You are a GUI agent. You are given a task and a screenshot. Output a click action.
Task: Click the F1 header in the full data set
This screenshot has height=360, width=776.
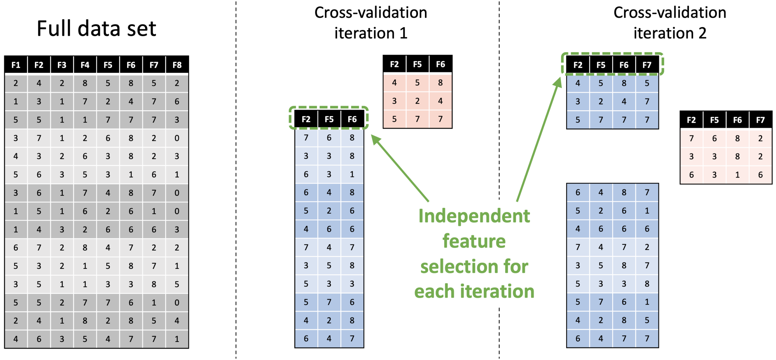pos(16,65)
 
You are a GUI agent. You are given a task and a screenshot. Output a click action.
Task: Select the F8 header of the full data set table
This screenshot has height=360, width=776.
pos(177,65)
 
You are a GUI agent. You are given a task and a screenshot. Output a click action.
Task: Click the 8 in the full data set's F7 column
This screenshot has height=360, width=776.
pos(154,284)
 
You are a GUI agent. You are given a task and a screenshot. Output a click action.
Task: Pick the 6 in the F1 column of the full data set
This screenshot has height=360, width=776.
pos(16,248)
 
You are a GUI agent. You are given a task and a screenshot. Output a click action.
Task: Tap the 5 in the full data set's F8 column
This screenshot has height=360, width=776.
pos(177,284)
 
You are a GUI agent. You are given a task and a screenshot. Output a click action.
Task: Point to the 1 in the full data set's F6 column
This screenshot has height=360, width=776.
pos(131,175)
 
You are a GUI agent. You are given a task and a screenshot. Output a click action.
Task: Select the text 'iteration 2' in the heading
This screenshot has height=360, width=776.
pos(670,33)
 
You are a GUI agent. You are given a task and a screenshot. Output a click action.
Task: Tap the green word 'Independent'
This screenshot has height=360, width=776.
pos(474,216)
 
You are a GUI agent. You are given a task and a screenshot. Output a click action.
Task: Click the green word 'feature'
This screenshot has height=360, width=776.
pos(474,241)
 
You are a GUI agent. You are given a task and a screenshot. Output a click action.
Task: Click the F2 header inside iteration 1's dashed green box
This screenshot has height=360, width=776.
pos(306,119)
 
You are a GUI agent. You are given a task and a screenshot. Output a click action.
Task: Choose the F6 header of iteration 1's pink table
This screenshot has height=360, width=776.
pos(440,64)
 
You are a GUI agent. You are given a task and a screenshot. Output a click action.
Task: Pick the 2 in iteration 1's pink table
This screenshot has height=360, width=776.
pos(417,101)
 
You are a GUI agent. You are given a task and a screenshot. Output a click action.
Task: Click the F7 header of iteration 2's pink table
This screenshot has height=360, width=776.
pos(760,120)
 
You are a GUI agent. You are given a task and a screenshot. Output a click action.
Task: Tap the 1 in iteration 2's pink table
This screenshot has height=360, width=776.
pos(737,175)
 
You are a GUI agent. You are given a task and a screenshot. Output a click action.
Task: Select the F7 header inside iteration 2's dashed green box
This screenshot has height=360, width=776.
pos(647,65)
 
